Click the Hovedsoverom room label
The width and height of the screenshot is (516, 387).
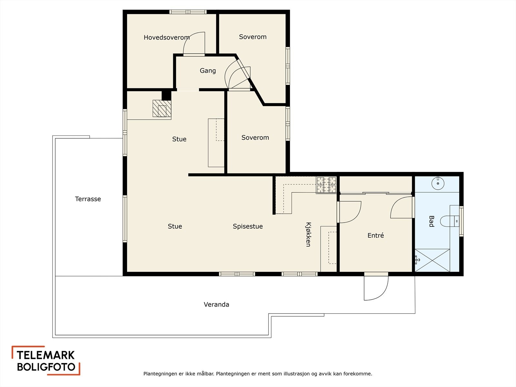(167, 37)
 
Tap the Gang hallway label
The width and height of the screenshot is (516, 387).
(208, 71)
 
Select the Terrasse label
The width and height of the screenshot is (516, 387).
(88, 199)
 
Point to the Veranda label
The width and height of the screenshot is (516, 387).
(216, 304)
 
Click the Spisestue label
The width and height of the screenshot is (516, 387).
(248, 226)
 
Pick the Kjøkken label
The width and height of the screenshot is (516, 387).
(308, 234)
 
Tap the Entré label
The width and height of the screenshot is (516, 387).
(376, 235)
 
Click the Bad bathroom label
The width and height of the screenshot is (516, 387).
(432, 221)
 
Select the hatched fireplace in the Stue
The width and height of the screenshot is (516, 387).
(162, 109)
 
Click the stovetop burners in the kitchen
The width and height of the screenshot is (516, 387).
(326, 185)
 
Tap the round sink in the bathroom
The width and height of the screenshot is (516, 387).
(438, 183)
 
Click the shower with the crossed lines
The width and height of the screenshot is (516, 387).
(432, 260)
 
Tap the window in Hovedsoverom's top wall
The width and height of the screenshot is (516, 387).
(188, 12)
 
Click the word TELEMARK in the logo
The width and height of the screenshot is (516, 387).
(45, 355)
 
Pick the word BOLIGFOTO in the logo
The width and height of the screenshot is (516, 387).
(46, 367)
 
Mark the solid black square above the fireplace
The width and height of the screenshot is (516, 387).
(166, 95)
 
